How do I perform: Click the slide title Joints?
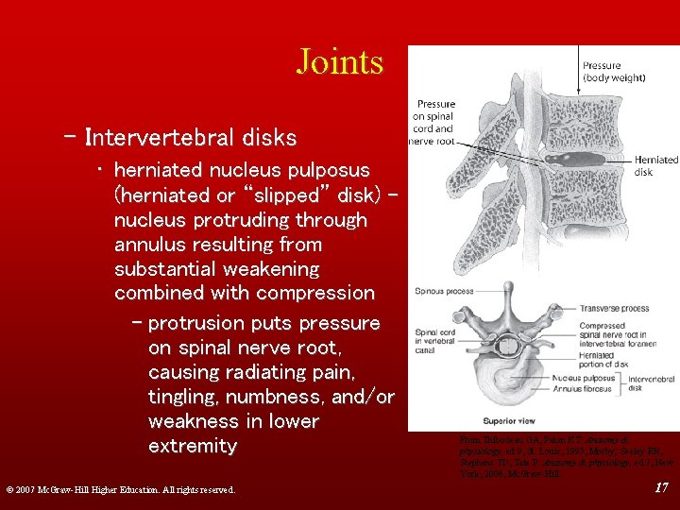(339, 61)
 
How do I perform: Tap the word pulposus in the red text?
(320, 170)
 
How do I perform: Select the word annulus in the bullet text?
(151, 245)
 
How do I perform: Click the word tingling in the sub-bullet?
(187, 397)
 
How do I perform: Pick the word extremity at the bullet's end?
(193, 446)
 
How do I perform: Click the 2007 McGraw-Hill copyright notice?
(119, 489)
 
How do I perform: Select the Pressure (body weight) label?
(613, 71)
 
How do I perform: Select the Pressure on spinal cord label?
(433, 122)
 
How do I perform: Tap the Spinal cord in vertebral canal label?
(440, 342)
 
